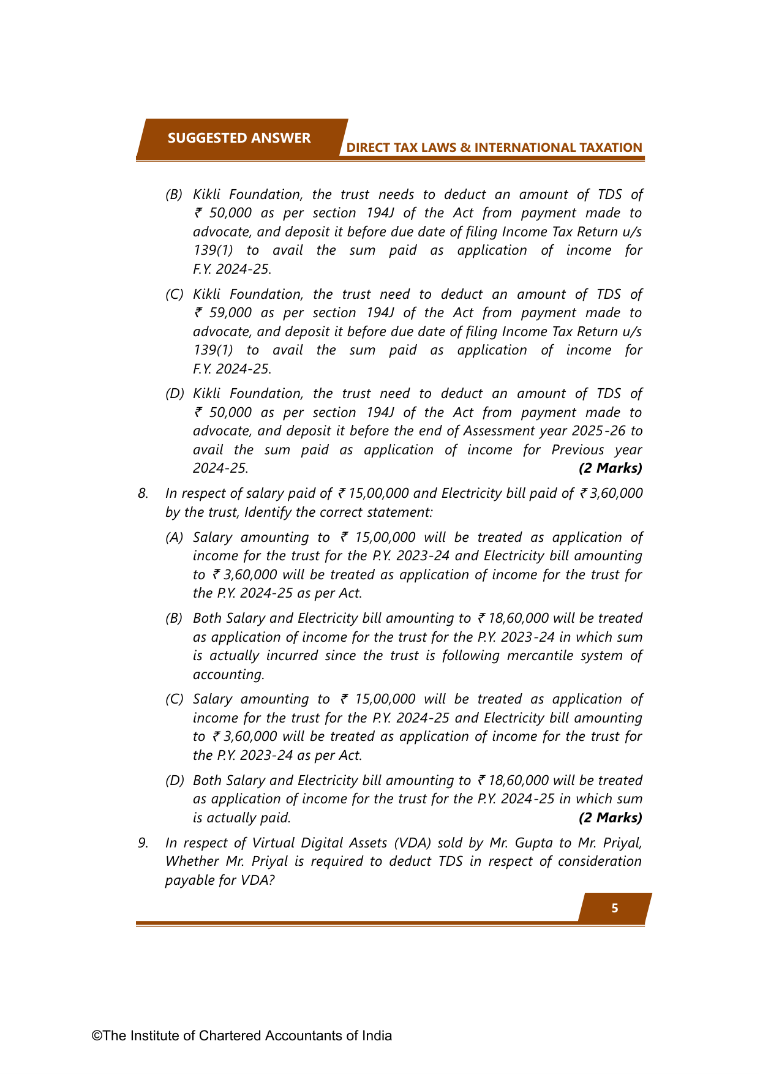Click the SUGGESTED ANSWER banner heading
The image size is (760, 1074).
239,138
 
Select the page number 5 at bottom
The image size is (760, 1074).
615,908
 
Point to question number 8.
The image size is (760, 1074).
143,494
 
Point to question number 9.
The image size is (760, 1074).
143,843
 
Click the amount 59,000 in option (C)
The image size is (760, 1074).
230,313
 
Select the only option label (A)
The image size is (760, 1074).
175,538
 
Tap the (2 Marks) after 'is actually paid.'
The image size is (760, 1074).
610,817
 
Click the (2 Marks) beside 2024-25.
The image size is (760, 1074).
610,468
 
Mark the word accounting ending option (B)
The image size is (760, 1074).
228,675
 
